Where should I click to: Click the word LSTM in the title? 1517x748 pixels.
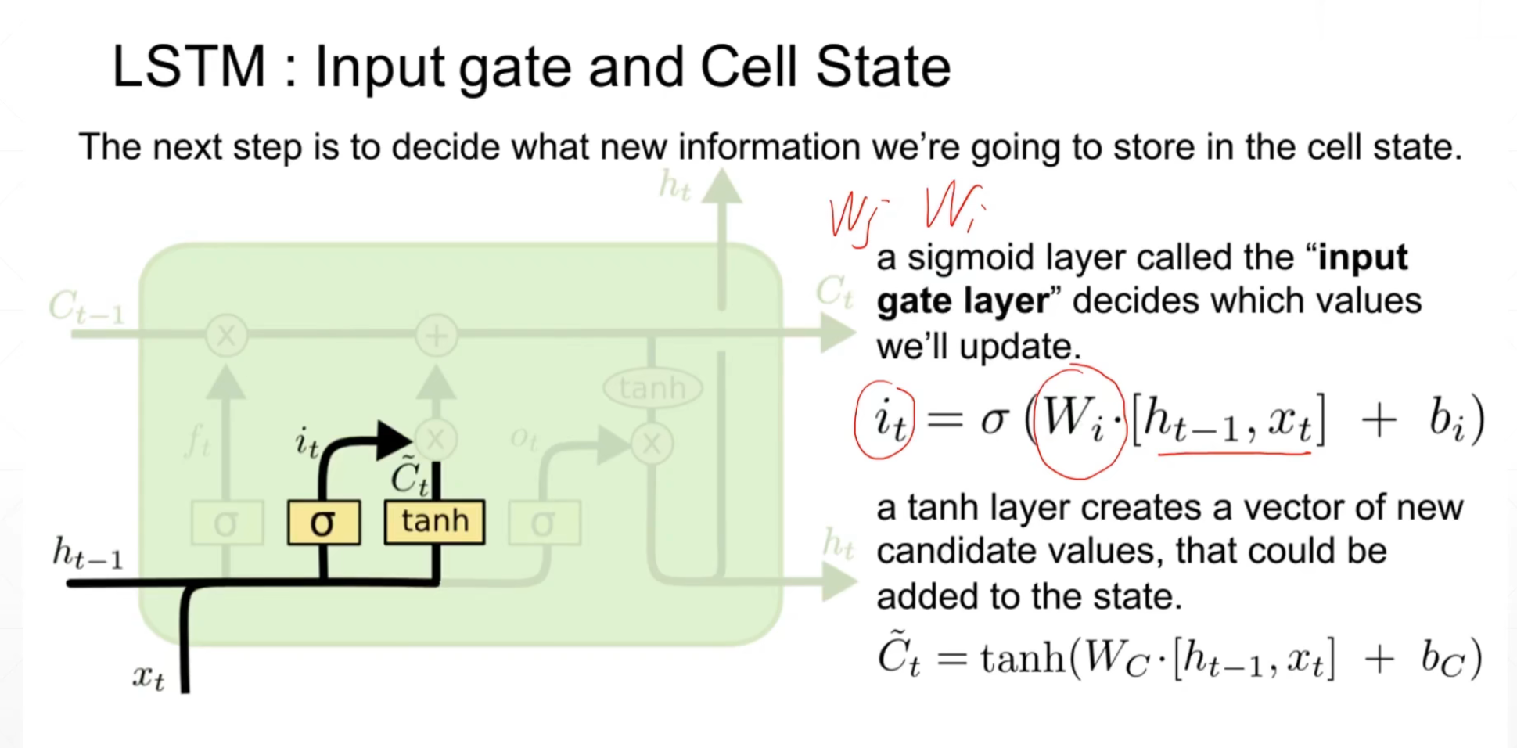[189, 67]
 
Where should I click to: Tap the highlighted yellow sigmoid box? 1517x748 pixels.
[323, 522]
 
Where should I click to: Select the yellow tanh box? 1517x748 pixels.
[434, 522]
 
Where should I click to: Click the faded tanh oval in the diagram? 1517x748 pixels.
[652, 387]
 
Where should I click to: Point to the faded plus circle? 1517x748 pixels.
[436, 336]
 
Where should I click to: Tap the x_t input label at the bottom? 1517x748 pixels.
[148, 677]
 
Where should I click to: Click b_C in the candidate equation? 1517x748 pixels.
[1442, 659]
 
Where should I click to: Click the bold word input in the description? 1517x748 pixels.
[1362, 257]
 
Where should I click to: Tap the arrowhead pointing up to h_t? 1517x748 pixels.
[721, 188]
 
